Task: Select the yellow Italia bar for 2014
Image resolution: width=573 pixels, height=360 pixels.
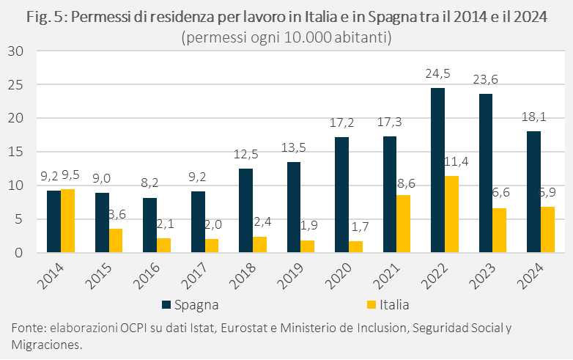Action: [x=67, y=221]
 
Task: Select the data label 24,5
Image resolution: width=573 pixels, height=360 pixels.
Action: [x=437, y=74]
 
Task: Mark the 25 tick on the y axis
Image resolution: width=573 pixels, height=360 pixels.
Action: [x=17, y=85]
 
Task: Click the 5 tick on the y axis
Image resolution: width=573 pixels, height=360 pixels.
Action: [x=21, y=219]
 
